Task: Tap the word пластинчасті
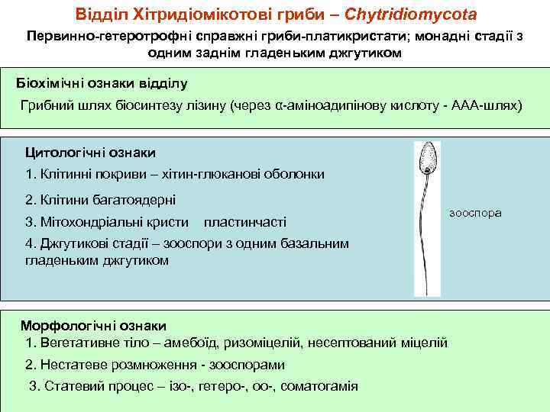(245, 222)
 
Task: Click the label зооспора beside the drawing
(476, 213)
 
